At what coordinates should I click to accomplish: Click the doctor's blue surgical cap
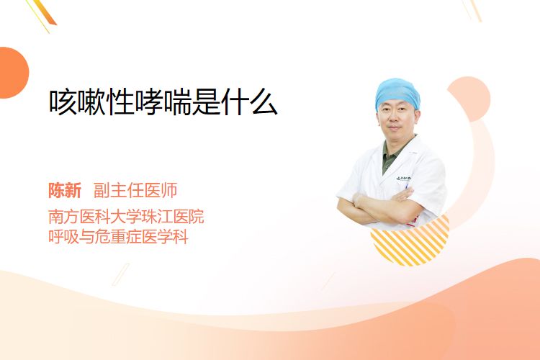tap(397, 93)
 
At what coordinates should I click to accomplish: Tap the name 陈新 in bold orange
tap(65, 190)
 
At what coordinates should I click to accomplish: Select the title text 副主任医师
tap(135, 190)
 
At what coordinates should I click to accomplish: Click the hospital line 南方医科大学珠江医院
tap(126, 216)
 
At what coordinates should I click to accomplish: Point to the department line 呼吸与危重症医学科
tap(118, 237)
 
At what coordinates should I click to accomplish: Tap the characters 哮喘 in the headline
tap(163, 102)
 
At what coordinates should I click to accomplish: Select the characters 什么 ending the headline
tap(249, 102)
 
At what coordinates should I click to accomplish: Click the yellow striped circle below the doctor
tap(410, 243)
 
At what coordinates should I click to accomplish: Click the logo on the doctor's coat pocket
tap(402, 178)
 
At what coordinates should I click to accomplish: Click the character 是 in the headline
tap(206, 102)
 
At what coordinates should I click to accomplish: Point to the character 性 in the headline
tap(120, 102)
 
